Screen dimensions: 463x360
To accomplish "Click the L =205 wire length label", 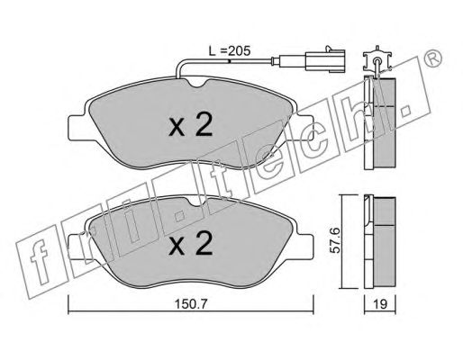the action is [x=230, y=51].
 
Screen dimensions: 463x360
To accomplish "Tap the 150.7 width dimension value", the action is [x=191, y=304].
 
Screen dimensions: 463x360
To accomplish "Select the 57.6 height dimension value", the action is [x=334, y=240].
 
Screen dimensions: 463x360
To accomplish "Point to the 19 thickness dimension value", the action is [x=380, y=304].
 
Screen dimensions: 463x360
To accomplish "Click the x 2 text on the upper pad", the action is [x=191, y=124].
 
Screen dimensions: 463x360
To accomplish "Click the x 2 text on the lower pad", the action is [x=191, y=243].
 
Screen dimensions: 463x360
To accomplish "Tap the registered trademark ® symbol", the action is [x=432, y=58].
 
